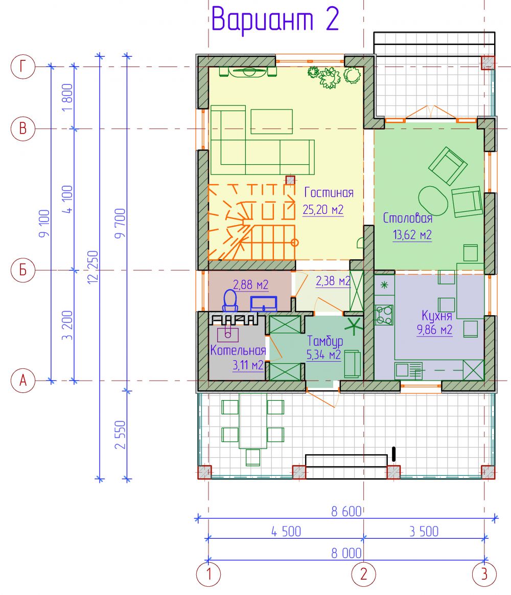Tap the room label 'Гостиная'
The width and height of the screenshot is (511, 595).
click(x=329, y=192)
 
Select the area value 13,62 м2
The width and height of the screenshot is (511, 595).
click(x=412, y=235)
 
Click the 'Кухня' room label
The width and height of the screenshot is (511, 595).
click(x=437, y=316)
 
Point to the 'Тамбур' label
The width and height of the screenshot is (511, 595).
click(x=325, y=341)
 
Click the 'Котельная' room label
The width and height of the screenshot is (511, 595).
click(x=238, y=350)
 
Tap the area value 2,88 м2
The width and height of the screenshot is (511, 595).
click(x=250, y=284)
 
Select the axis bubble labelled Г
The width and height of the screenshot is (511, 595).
click(x=23, y=67)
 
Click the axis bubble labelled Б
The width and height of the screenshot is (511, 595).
click(x=23, y=270)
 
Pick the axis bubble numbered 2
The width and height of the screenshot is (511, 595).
click(x=363, y=574)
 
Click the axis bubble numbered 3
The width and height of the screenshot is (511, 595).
click(x=484, y=574)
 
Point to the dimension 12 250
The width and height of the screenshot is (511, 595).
click(x=93, y=267)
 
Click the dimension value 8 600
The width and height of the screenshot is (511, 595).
click(x=346, y=512)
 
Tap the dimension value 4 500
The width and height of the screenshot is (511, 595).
click(x=286, y=532)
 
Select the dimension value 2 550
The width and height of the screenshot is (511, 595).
click(x=120, y=434)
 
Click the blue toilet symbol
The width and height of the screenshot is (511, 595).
click(x=230, y=300)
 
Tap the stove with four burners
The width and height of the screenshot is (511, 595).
click(x=384, y=315)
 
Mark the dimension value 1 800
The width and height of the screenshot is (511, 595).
click(x=67, y=98)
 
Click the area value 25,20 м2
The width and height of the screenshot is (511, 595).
click(x=323, y=209)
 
